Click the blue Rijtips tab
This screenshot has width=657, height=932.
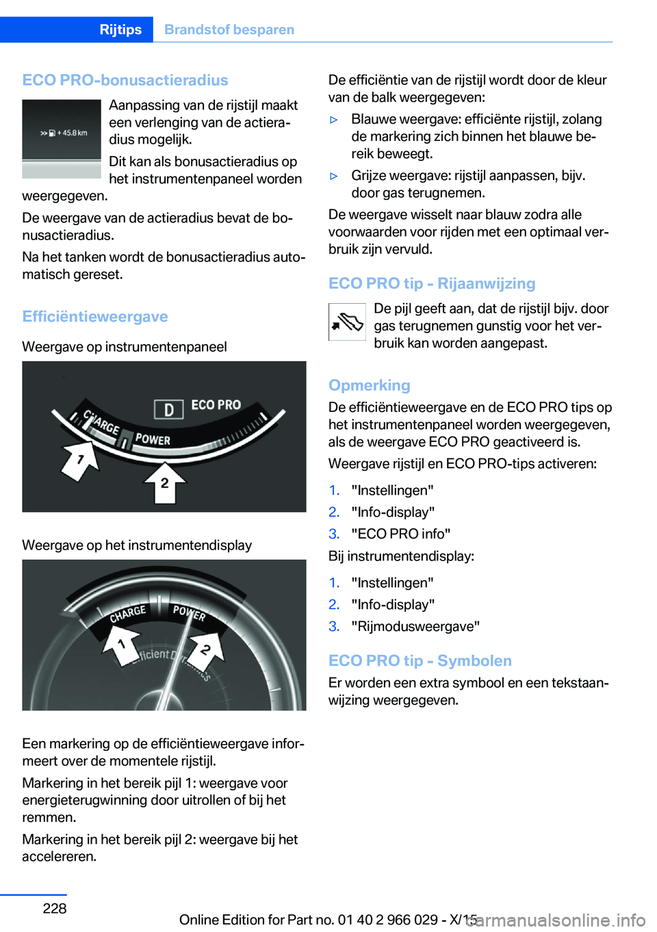[x=120, y=29]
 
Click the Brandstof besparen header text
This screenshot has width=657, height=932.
[x=229, y=29]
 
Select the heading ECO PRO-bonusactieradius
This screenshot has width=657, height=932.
[x=125, y=80]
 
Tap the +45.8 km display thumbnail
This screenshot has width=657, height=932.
[x=62, y=138]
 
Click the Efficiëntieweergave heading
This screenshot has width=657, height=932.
[x=95, y=316]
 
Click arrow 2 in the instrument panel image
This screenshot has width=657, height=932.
[x=164, y=482]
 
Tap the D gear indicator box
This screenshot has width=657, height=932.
[x=168, y=409]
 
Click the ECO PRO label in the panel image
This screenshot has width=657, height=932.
[x=216, y=405]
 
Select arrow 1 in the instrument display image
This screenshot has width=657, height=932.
[x=121, y=645]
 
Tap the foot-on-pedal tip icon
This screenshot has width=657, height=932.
[x=347, y=322]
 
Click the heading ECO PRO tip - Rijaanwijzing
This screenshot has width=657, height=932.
[x=432, y=283]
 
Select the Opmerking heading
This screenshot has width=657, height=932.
[x=370, y=385]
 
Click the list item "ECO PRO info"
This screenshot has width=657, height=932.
[x=400, y=534]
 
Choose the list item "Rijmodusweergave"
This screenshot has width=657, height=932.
[x=415, y=626]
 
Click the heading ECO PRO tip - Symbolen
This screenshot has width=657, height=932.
[x=420, y=660]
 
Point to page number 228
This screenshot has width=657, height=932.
[x=55, y=908]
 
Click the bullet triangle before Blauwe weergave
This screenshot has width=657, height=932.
[x=334, y=120]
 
